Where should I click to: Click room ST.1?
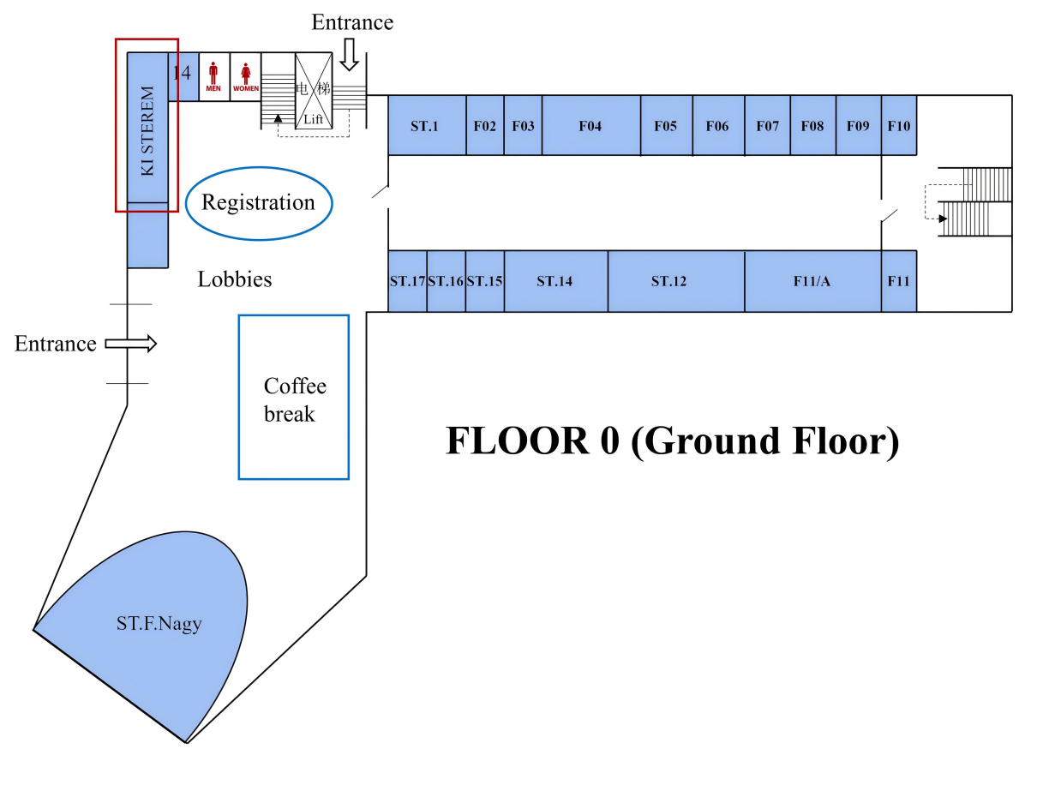[426, 126]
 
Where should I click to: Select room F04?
[590, 126]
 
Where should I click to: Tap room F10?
[899, 126]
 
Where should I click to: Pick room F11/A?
[812, 281]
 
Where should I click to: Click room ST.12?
[668, 281]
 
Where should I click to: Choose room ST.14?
[554, 281]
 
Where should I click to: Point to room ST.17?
[408, 281]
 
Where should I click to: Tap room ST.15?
[485, 281]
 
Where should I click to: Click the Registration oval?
[258, 203]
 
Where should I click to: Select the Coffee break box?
[294, 398]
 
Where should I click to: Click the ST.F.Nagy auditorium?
[159, 624]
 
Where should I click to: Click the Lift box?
[314, 91]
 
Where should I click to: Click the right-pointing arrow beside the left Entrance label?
[131, 344]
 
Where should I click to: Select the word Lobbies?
[235, 279]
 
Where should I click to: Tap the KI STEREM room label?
[147, 131]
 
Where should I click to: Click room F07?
[768, 126]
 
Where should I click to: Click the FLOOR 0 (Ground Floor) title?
[672, 441]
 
